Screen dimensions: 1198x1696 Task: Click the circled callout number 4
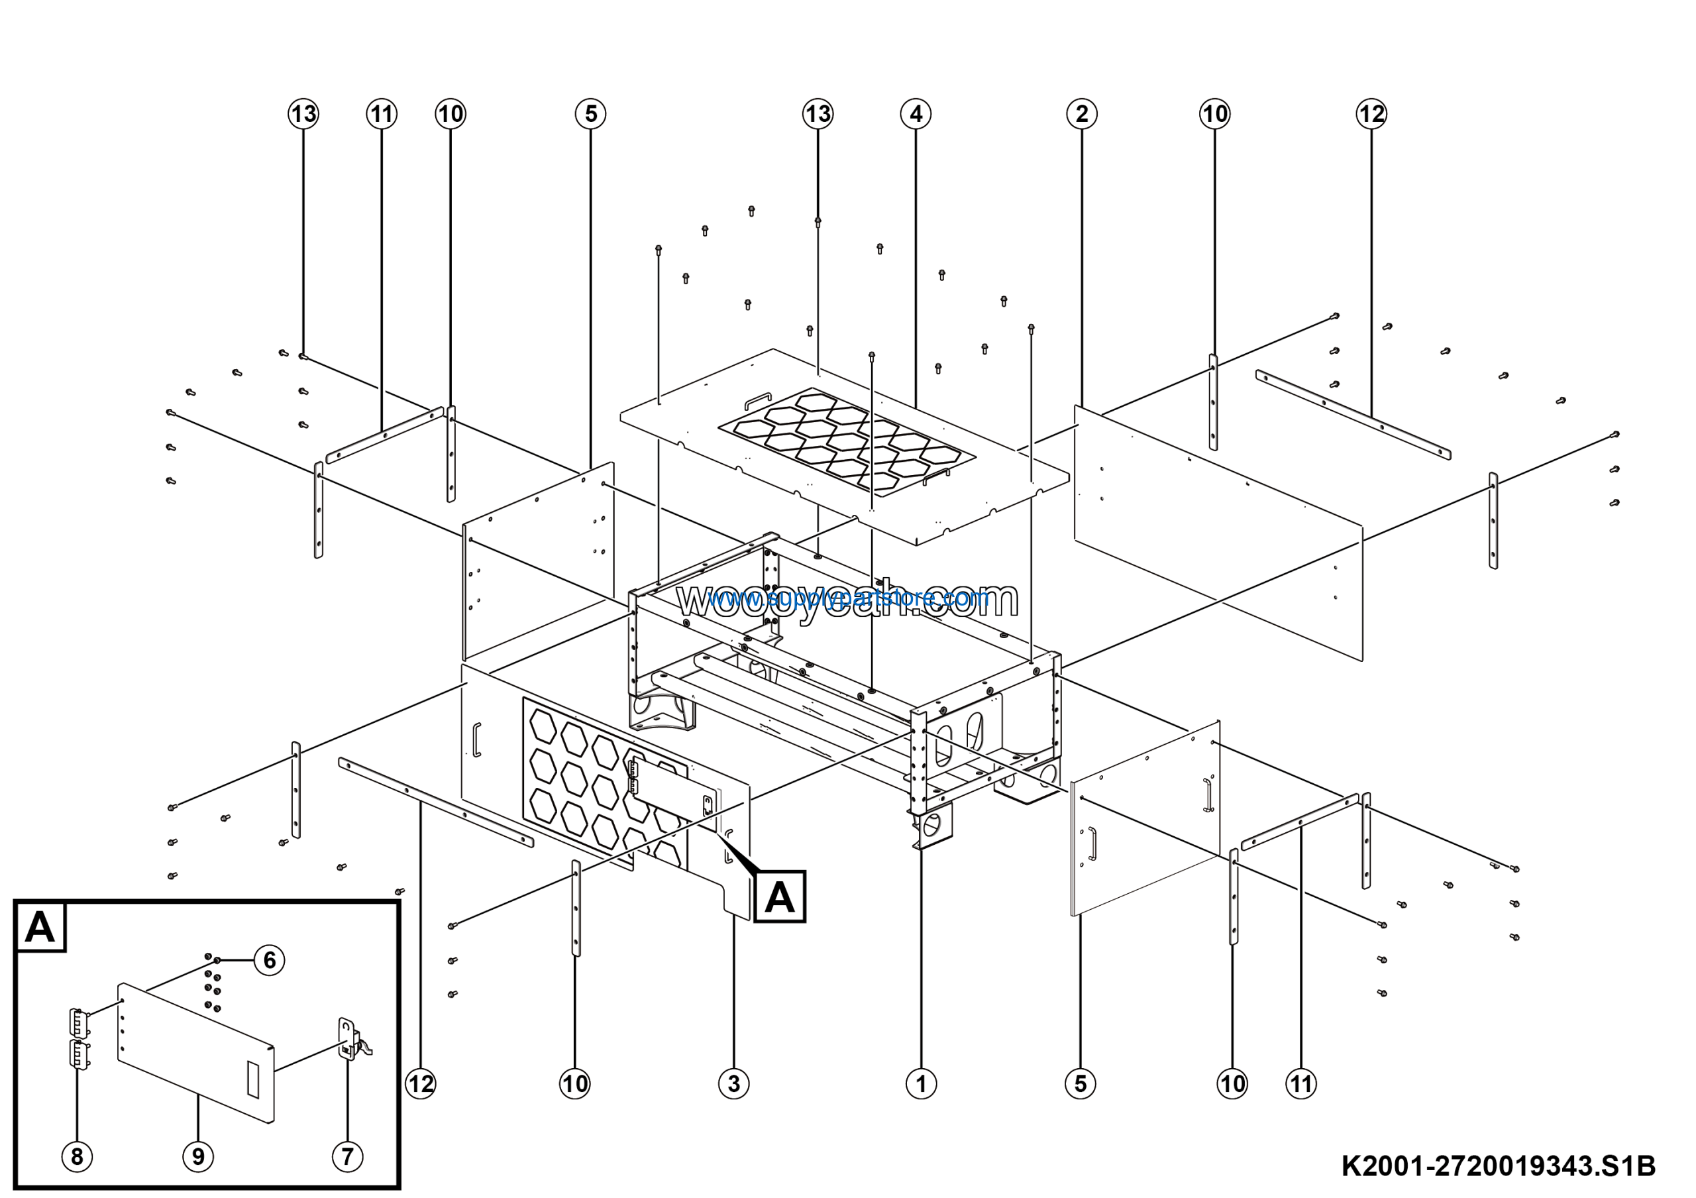tap(916, 114)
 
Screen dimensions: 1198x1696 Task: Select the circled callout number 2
tap(1081, 114)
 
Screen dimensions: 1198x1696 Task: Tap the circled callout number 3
tap(733, 1083)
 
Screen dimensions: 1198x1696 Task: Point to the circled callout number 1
tap(920, 1083)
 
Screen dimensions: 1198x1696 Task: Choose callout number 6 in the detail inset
tap(270, 960)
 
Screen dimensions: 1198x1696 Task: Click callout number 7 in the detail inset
tap(347, 1156)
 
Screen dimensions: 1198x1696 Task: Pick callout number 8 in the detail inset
tap(77, 1156)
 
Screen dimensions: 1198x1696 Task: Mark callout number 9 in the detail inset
tap(198, 1156)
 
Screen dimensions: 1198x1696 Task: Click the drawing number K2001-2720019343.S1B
tap(1498, 1166)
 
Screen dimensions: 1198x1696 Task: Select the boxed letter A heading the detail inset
tap(40, 927)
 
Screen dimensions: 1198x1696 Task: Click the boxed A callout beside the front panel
tap(779, 897)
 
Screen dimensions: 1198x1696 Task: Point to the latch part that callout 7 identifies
tap(348, 1039)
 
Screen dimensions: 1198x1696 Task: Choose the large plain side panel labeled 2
tap(1219, 532)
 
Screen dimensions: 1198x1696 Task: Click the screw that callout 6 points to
tap(218, 960)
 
